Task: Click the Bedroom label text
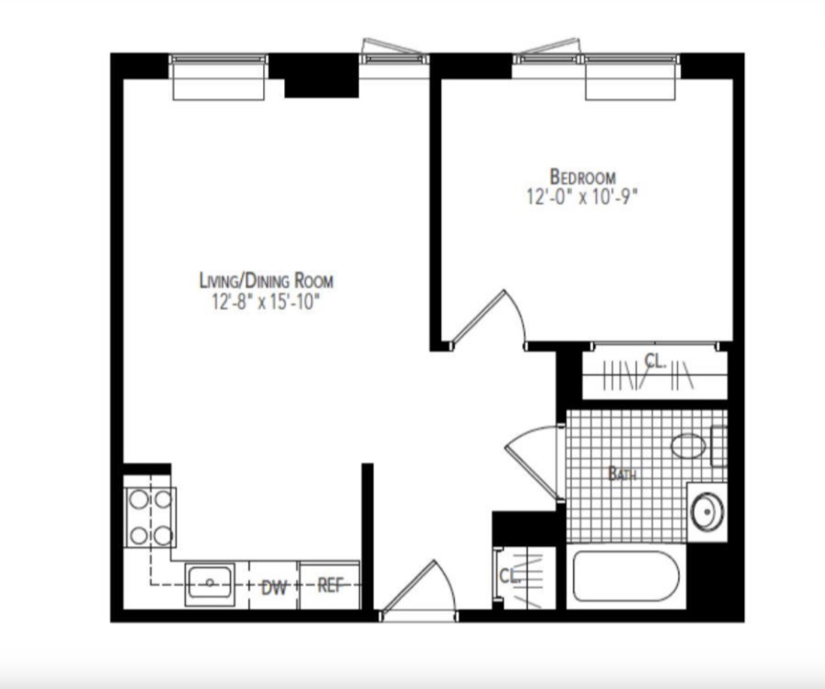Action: [x=583, y=177]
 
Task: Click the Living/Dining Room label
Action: [x=266, y=280]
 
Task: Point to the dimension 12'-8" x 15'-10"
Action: [x=265, y=302]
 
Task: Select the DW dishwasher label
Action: [x=274, y=588]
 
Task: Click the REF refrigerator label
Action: [x=330, y=586]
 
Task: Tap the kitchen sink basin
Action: [x=210, y=583]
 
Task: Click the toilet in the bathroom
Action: [x=689, y=446]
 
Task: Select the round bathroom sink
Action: [x=707, y=512]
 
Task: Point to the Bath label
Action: [x=622, y=473]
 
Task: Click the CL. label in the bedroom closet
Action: [x=655, y=361]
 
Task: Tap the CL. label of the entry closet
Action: [x=510, y=576]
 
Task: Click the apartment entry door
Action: [x=417, y=590]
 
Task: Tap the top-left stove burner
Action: [x=139, y=499]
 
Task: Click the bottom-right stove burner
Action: [x=163, y=536]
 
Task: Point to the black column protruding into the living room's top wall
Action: [x=321, y=81]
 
